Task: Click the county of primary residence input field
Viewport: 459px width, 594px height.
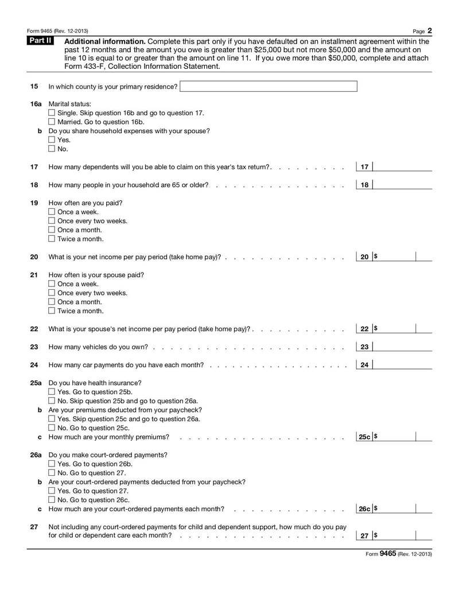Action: pos(268,87)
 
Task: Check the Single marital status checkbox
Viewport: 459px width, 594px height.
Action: pos(52,113)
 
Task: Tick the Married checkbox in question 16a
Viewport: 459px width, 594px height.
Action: pos(52,122)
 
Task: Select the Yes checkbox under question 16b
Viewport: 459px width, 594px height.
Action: pos(52,140)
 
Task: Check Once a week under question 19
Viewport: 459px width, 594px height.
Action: pos(52,212)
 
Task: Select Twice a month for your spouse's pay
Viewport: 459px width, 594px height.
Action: pos(52,311)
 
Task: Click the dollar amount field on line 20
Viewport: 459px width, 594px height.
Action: pos(396,257)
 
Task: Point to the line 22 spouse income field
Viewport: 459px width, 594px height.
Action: pos(396,329)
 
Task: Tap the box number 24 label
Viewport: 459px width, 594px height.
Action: pos(364,365)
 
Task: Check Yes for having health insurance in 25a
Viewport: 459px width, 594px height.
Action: pos(52,392)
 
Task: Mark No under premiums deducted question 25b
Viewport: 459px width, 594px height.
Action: pos(52,428)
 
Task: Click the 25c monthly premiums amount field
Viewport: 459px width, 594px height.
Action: pos(396,437)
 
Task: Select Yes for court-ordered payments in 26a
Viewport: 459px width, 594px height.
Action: pos(52,464)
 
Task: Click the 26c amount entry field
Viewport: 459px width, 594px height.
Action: pos(396,508)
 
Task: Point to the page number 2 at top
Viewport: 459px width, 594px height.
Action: pos(429,30)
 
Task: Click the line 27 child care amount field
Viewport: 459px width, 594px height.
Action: pos(396,535)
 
